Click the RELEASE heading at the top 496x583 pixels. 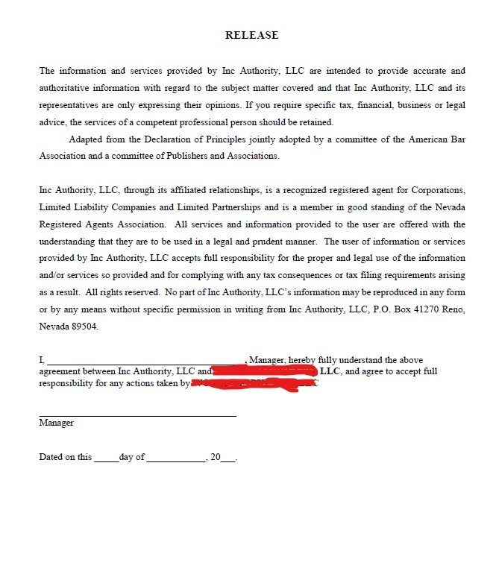(251, 35)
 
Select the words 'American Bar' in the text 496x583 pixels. (440, 139)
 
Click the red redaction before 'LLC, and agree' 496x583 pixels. (265, 371)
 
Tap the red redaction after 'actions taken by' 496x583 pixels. (254, 384)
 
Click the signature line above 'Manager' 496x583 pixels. (137, 415)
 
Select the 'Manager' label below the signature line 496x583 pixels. (57, 423)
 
